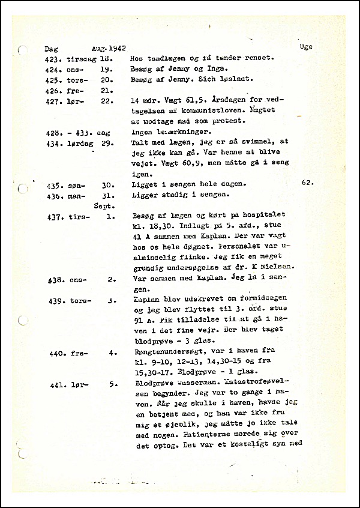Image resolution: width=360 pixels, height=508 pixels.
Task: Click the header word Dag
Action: point(52,49)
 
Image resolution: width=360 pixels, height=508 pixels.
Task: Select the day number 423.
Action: point(53,58)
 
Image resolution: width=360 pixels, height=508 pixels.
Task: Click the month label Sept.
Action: point(104,205)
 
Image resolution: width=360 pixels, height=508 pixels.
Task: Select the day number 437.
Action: point(54,216)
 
